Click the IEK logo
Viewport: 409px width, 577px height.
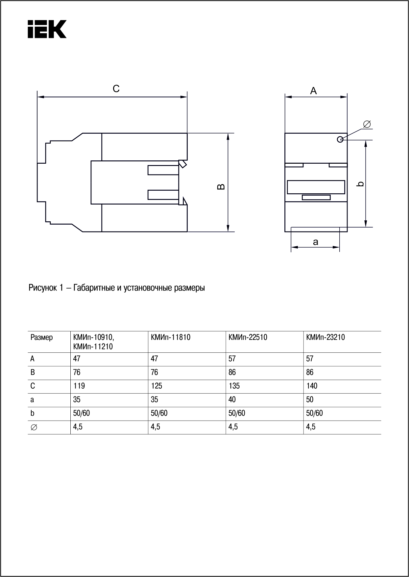[47, 29]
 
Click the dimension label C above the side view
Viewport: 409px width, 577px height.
[116, 89]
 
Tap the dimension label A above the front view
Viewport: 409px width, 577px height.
[313, 91]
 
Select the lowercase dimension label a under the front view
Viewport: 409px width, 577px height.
[316, 242]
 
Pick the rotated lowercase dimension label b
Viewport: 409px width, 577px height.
[361, 183]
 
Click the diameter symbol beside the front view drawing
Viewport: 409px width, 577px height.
[367, 124]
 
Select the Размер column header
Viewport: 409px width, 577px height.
[41, 338]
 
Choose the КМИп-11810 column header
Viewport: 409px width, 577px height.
[170, 338]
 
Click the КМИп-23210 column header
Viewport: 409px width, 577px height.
[325, 338]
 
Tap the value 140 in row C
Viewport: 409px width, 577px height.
[312, 386]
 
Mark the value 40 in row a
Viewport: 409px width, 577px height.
[232, 400]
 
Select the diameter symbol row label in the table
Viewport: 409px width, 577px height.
[34, 427]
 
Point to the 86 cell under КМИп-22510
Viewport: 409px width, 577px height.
[232, 372]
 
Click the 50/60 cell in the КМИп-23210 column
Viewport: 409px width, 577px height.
[314, 413]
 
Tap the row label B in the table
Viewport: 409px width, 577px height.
[33, 372]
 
